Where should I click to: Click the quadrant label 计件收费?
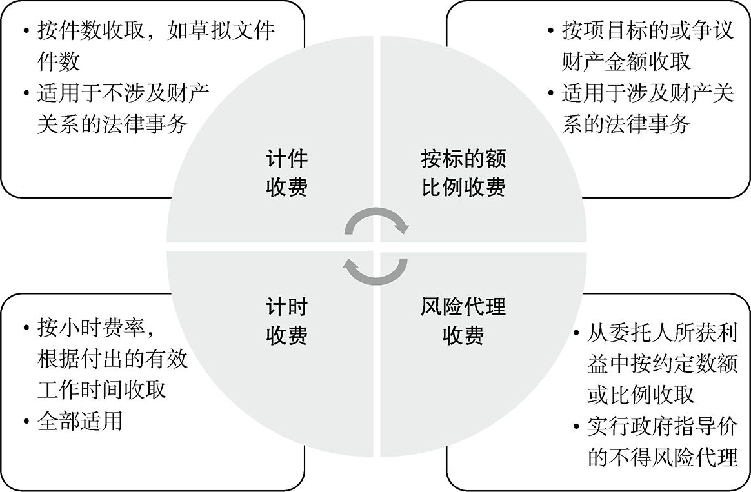pos(286,173)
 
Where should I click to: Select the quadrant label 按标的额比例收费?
pos(463,173)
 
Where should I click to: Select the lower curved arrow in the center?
pos(376,271)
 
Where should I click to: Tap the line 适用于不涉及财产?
pos(123,92)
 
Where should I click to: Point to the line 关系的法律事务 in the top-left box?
pos(112,123)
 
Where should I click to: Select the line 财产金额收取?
pos(626,62)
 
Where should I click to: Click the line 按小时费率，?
pos(97,328)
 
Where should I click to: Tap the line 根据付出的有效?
pos(112,359)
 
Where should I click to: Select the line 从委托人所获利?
pos(661,334)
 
